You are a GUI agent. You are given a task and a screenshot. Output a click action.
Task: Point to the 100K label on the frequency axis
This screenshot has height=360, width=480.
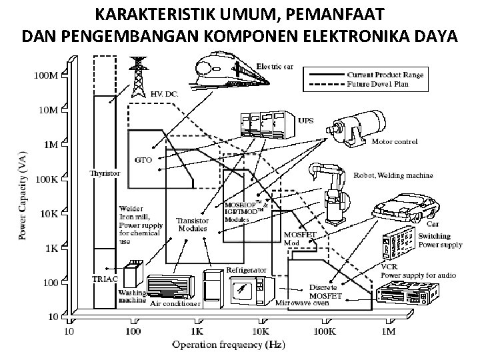click(325, 330)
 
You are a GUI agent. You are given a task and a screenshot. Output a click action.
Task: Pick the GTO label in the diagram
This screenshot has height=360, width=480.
click(144, 160)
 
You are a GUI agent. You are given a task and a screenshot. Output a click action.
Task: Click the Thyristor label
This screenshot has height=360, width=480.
click(105, 173)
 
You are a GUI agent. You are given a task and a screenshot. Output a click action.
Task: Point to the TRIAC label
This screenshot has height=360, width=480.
click(104, 277)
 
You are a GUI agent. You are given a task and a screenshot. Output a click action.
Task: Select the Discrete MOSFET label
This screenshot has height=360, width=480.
click(326, 291)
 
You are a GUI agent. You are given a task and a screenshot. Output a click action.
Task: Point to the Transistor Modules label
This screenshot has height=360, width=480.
click(192, 225)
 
